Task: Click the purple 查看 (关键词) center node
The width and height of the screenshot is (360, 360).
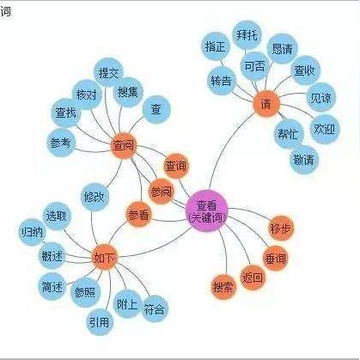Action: point(206,211)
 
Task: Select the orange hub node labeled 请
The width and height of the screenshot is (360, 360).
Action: point(266,104)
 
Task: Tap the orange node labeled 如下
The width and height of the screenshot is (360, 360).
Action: point(105,257)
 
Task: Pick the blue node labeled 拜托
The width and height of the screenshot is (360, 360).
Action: point(247,35)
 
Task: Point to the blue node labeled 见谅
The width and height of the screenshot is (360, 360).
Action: point(321,97)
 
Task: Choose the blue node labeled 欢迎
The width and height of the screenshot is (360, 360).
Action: point(325,129)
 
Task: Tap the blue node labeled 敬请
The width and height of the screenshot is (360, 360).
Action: point(304,160)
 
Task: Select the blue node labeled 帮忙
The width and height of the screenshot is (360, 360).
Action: point(288,134)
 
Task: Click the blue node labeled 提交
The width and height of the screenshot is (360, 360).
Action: point(108,72)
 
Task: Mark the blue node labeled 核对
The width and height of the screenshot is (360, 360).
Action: point(86,95)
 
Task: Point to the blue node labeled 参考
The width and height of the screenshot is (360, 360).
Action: point(60,143)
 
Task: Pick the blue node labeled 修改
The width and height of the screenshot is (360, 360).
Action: point(95,197)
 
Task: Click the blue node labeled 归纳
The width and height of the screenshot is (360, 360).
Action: point(33,231)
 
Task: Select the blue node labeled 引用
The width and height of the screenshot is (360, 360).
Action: point(100,322)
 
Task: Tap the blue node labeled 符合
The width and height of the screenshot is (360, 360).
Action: point(154,309)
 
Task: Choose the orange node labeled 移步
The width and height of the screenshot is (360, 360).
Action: point(281,229)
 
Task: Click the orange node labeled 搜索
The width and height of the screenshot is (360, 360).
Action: point(223,286)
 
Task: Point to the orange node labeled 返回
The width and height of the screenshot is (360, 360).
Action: point(253,278)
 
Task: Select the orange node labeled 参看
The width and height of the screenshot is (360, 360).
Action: point(138,214)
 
